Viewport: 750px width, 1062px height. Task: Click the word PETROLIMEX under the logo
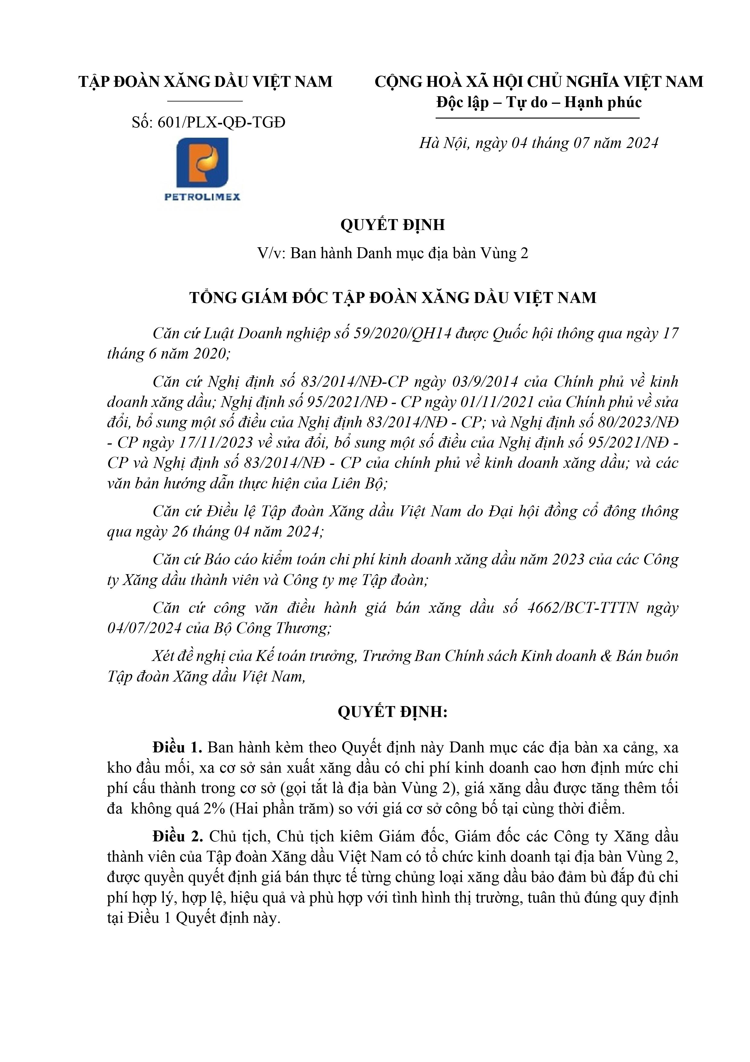tap(203, 197)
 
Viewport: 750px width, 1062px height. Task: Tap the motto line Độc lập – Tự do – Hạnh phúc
tap(539, 102)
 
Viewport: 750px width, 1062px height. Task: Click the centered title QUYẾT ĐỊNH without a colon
tap(392, 225)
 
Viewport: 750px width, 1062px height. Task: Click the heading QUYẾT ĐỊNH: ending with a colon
tap(392, 712)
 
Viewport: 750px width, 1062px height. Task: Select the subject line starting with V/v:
tap(392, 254)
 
